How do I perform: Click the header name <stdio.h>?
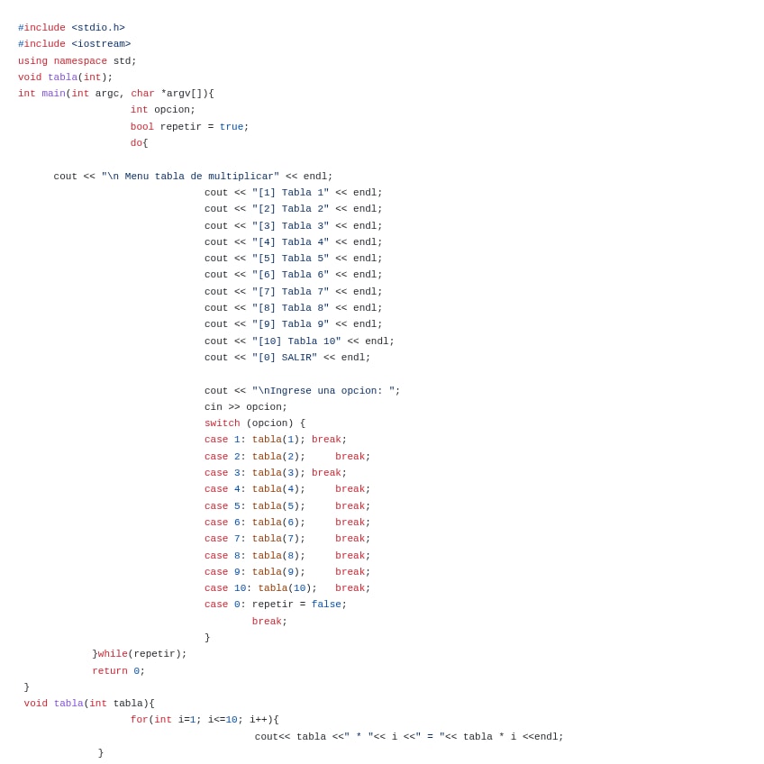click(x=98, y=28)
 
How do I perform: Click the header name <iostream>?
click(x=101, y=44)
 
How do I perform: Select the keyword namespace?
click(x=80, y=61)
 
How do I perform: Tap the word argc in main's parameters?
click(x=107, y=94)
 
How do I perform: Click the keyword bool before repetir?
click(x=142, y=127)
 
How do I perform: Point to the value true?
click(x=232, y=127)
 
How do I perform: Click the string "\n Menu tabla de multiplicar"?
click(x=190, y=177)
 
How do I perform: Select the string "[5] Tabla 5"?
click(x=290, y=259)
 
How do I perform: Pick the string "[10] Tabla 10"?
click(x=296, y=341)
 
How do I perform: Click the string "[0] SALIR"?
click(x=285, y=358)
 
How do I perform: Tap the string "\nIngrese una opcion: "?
click(x=323, y=391)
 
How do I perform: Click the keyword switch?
click(x=223, y=423)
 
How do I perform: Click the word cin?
click(x=214, y=407)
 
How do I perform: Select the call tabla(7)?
click(x=278, y=539)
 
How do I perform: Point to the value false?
click(x=326, y=605)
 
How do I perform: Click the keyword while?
click(x=113, y=654)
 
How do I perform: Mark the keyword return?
click(x=110, y=671)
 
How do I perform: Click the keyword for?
click(x=139, y=720)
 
